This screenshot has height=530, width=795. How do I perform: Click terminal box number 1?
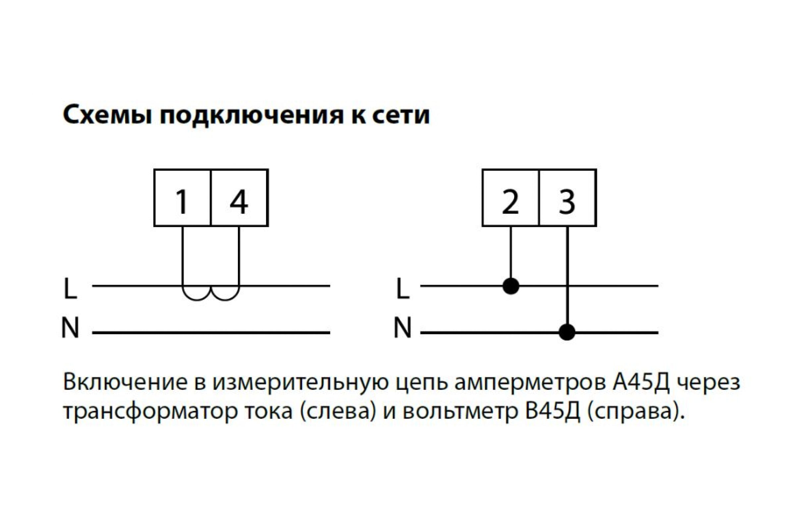point(182,198)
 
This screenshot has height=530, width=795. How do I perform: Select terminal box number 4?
point(239,198)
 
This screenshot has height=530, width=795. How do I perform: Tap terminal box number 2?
point(511,198)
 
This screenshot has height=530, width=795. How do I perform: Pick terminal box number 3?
point(568,198)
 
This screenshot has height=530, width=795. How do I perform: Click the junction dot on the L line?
point(511,286)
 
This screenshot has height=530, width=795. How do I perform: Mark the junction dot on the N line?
point(567,333)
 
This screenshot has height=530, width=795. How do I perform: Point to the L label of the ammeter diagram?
point(70,289)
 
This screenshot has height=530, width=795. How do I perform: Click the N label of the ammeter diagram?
point(70,327)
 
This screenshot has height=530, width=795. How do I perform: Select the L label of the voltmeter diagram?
point(402,289)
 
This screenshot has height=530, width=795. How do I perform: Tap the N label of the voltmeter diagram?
point(402,327)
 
